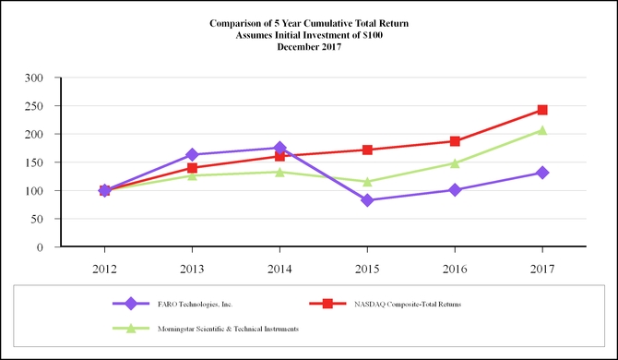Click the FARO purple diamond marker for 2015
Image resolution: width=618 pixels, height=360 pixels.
(367, 200)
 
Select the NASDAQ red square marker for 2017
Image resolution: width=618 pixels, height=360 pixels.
(542, 110)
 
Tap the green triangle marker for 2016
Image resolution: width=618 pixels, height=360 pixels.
(455, 163)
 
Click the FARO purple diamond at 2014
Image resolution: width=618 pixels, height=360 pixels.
(279, 148)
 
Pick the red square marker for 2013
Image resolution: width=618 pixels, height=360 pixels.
(192, 168)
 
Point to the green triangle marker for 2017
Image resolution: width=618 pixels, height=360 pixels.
(542, 130)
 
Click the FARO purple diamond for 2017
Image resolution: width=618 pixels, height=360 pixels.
(542, 173)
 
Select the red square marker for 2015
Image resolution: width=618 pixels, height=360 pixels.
(367, 150)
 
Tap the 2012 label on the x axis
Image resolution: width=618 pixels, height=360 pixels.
(104, 269)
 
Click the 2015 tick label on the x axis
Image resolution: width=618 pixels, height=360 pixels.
(367, 269)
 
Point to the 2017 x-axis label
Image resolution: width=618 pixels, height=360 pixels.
(542, 269)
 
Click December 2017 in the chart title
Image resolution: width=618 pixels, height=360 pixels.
(309, 46)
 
